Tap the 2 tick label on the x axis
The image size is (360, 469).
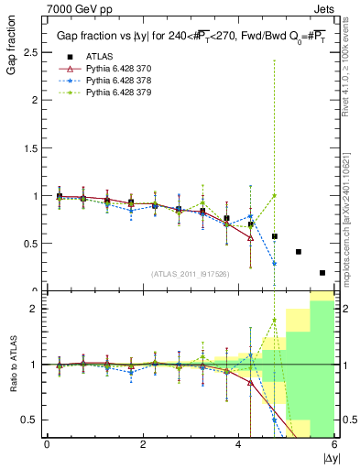[143, 445]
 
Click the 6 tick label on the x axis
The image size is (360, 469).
[334, 445]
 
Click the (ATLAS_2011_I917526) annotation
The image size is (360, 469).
[189, 273]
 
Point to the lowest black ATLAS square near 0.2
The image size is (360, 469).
[322, 272]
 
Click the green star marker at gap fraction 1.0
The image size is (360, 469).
[274, 195]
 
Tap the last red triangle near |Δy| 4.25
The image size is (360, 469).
[250, 237]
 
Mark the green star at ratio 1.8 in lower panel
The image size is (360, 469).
[274, 320]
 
